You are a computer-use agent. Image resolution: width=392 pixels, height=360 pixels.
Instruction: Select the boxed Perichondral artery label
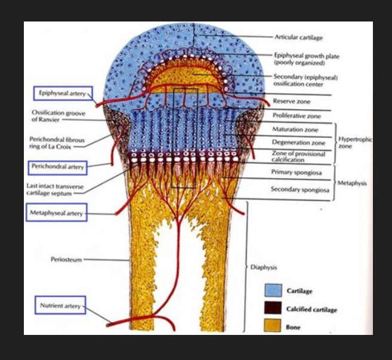[57, 167]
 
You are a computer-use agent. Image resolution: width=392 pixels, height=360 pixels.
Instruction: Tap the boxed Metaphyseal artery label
[57, 212]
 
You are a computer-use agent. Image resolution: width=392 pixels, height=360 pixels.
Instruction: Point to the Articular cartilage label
[298, 38]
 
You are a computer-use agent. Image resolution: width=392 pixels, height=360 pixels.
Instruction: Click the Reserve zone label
[291, 101]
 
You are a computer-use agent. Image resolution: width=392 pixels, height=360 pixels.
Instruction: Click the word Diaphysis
[263, 267]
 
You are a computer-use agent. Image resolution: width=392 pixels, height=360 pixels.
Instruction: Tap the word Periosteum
[66, 260]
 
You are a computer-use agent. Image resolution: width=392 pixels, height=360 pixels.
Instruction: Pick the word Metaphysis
[352, 183]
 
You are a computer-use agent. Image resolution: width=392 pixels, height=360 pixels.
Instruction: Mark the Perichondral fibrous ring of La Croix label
[51, 142]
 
